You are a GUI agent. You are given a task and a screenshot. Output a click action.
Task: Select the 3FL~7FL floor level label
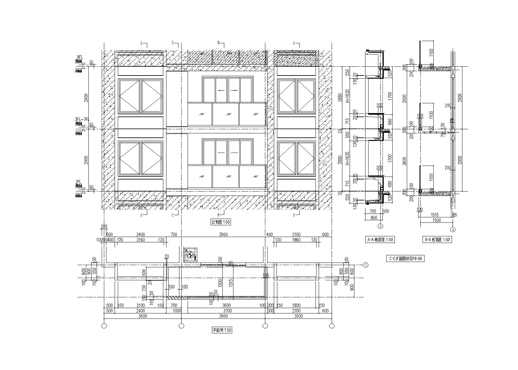[82, 119]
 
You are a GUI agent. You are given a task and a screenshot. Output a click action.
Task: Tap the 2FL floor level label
[78, 182]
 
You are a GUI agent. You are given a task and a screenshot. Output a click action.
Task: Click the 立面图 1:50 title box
[221, 222]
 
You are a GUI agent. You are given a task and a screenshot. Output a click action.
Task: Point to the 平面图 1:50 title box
[222, 331]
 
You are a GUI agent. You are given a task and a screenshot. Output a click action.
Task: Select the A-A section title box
[380, 240]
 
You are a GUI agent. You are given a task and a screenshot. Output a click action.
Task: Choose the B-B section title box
[437, 240]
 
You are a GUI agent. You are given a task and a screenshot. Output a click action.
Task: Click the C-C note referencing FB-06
[406, 259]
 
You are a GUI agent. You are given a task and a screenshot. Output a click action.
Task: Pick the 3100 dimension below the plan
[298, 316]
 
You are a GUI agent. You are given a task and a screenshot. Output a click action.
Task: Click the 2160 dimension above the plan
[140, 240]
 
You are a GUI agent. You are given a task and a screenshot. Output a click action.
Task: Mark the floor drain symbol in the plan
[191, 254]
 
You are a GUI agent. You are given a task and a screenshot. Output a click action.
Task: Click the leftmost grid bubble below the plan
[105, 326]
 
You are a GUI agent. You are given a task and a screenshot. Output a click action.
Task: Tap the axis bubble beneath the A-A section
[381, 226]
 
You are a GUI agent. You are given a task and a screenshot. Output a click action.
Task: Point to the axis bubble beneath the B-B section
[453, 229]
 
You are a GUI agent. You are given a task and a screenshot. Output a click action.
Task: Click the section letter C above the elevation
[173, 43]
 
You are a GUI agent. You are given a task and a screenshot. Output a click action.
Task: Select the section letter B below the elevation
[219, 215]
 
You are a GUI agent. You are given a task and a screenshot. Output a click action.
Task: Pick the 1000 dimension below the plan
[177, 311]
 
